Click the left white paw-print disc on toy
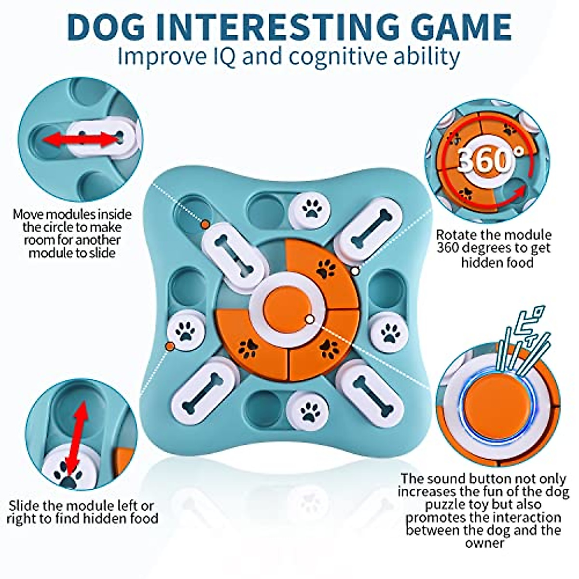[x=185, y=332]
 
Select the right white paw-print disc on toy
[x=390, y=332]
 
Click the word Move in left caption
[x=30, y=214]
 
